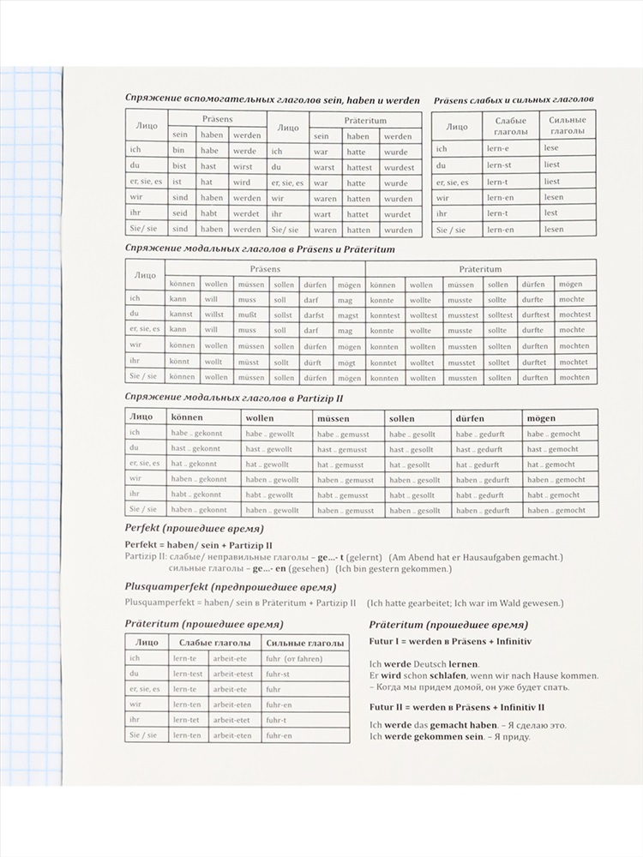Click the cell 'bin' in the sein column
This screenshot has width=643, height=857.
click(x=177, y=151)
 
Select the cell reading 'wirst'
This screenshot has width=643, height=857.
click(x=243, y=167)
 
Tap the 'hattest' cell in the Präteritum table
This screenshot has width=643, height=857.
click(x=360, y=167)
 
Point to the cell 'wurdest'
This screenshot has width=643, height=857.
click(x=399, y=167)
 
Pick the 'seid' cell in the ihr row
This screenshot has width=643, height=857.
click(x=178, y=213)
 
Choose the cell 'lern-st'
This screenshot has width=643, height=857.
click(x=499, y=165)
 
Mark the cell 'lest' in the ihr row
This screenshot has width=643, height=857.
click(x=550, y=213)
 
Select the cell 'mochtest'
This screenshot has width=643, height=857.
click(x=574, y=315)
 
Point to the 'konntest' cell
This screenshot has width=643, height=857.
click(x=384, y=315)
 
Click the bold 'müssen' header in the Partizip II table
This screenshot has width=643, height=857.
click(x=334, y=418)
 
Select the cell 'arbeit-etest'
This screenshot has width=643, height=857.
click(x=233, y=674)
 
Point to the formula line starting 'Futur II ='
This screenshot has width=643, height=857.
click(x=456, y=707)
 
